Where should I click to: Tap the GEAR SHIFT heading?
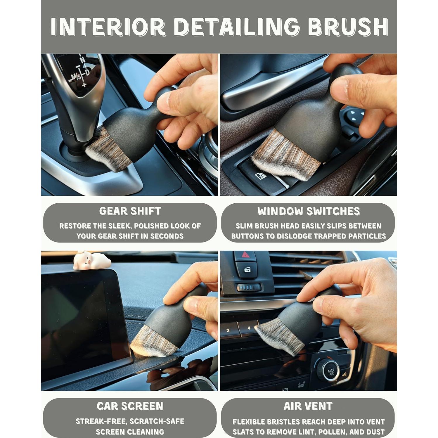(x=130, y=211)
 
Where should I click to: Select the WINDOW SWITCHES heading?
(x=308, y=211)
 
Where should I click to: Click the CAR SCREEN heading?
(x=130, y=406)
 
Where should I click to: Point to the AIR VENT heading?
(x=308, y=406)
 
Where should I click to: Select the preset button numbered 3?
(x=228, y=330)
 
